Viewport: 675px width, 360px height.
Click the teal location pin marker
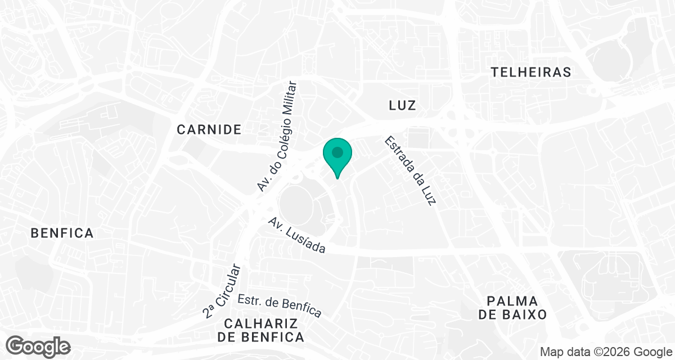tap(337, 156)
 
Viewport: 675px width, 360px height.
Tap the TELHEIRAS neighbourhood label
tap(530, 72)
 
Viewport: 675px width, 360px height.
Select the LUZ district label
tap(402, 105)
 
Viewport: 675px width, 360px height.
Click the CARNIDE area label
tap(209, 129)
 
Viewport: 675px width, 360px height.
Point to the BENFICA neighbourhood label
tap(62, 233)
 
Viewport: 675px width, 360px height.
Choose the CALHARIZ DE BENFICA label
tap(260, 330)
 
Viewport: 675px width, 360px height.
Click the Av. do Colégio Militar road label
tap(276, 136)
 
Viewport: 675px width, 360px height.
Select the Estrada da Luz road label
tap(410, 170)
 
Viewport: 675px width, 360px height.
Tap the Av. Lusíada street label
tap(297, 235)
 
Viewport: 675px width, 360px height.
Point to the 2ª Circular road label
tap(223, 291)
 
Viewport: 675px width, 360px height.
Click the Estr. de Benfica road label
tap(279, 306)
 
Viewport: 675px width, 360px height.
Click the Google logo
tap(39, 346)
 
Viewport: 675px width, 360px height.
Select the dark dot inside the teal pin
tap(337, 152)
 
